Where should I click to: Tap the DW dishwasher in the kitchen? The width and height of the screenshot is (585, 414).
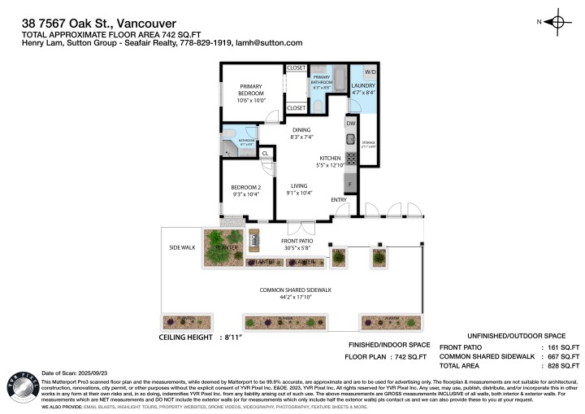click(350, 124)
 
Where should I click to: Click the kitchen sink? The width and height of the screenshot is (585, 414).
click(351, 139)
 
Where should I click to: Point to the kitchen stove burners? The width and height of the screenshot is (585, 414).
click(351, 158)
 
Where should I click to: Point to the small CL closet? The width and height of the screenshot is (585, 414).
click(265, 152)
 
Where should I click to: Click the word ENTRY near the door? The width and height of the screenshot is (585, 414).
click(338, 199)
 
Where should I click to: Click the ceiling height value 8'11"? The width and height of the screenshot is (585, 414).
click(232, 337)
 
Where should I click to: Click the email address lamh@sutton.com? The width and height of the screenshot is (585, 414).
click(271, 42)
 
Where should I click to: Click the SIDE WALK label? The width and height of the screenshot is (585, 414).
click(181, 247)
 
